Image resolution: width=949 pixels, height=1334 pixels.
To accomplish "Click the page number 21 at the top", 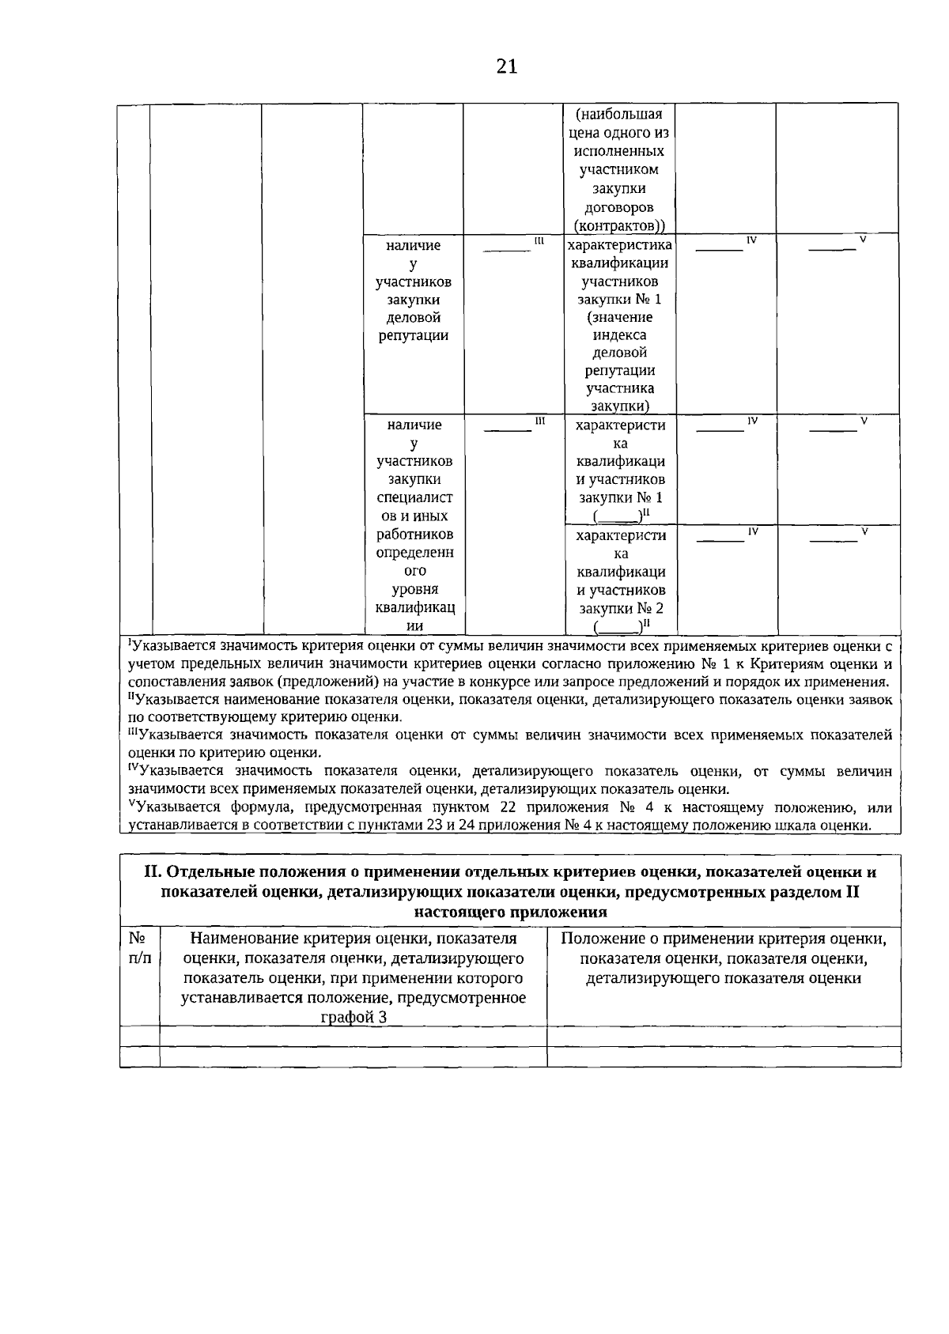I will point(507,66).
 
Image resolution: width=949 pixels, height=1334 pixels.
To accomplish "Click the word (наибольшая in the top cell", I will point(620,114).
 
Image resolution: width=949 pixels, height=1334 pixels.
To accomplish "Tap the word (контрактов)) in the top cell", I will point(620,225).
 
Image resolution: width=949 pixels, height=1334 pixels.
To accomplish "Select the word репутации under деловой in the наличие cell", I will point(414,335).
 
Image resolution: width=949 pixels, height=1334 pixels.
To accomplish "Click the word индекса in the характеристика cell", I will point(620,334).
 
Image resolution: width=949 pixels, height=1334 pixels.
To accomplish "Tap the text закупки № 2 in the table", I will point(620,608).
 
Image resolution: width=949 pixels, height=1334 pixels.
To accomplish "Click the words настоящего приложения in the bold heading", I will point(510,912).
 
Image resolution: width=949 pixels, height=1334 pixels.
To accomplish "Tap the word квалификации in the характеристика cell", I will point(620,263).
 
